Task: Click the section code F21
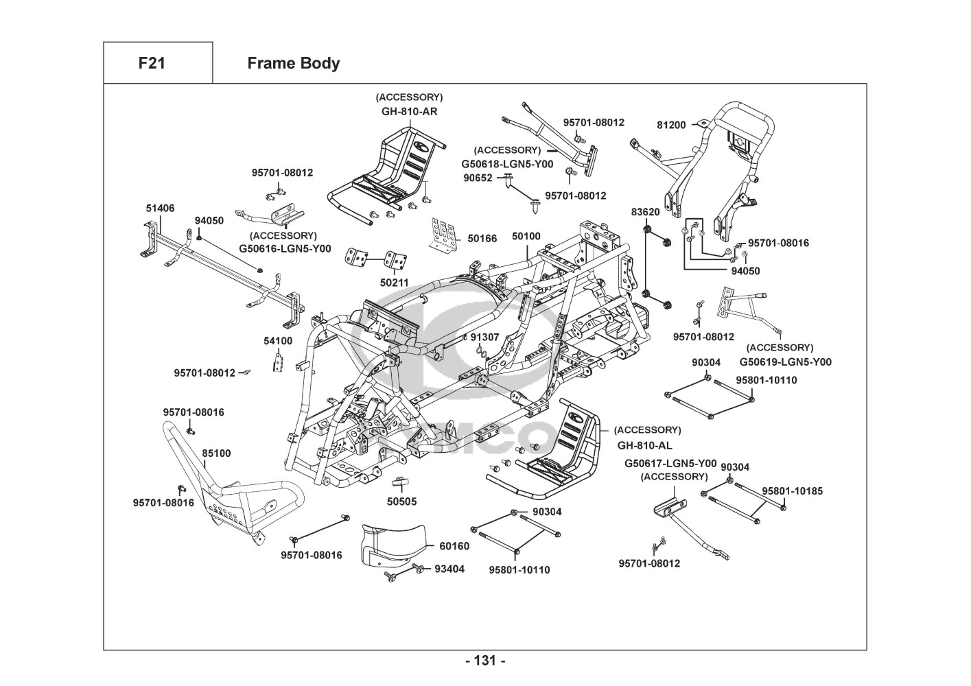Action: (152, 63)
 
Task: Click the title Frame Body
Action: (293, 63)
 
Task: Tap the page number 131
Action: (485, 661)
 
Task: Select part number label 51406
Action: (160, 209)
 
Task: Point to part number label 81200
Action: (671, 125)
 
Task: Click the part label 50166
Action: (482, 239)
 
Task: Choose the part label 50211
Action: (395, 282)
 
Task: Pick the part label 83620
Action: (645, 212)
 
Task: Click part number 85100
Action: (216, 453)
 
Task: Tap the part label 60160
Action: (454, 546)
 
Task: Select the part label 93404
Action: (449, 569)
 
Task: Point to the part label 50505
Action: (401, 501)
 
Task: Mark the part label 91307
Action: (484, 337)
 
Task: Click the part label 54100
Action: (278, 340)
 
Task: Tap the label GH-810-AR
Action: (410, 111)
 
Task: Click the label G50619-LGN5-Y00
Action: (785, 362)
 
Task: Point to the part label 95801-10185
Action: (792, 490)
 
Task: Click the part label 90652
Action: (478, 178)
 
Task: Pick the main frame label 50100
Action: (526, 236)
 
